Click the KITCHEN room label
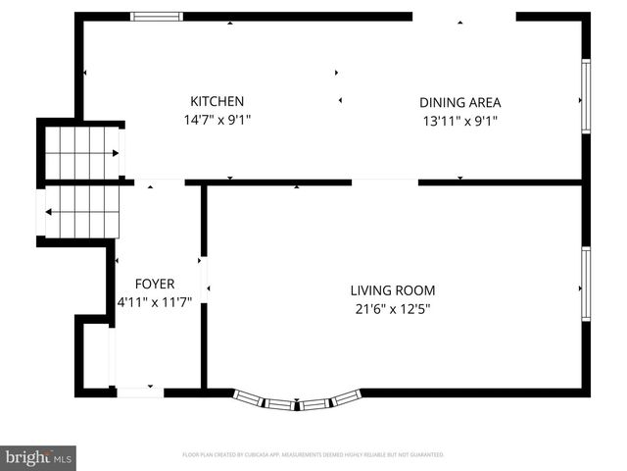217,101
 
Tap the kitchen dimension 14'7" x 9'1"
217,121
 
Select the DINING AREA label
459,102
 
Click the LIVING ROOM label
392,290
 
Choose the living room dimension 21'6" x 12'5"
392,309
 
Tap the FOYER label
155,284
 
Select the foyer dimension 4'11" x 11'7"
155,303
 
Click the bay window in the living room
297,401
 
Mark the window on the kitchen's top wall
157,17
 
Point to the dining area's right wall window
585,96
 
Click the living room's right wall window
585,284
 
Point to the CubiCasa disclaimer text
313,455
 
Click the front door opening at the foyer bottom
139,392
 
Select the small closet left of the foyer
95,355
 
